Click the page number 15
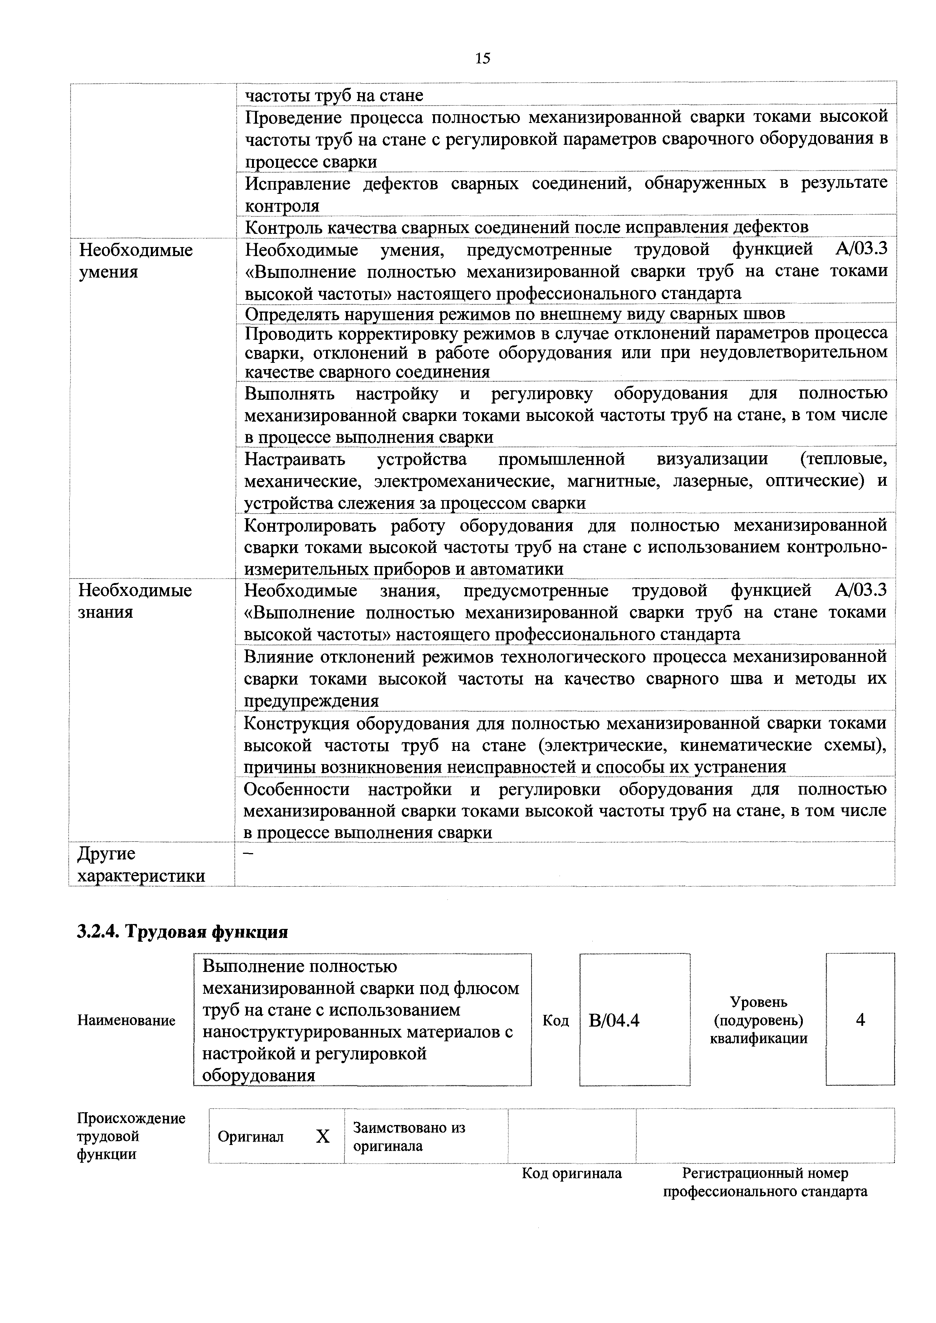click(483, 58)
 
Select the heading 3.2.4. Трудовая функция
click(182, 932)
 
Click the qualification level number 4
click(860, 1020)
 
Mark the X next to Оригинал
click(323, 1136)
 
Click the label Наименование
click(126, 1021)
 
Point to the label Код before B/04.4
click(556, 1021)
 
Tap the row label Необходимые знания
click(135, 601)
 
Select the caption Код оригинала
click(571, 1173)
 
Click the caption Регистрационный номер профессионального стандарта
click(765, 1182)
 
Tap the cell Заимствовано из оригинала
click(409, 1136)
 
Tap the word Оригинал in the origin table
click(251, 1137)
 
